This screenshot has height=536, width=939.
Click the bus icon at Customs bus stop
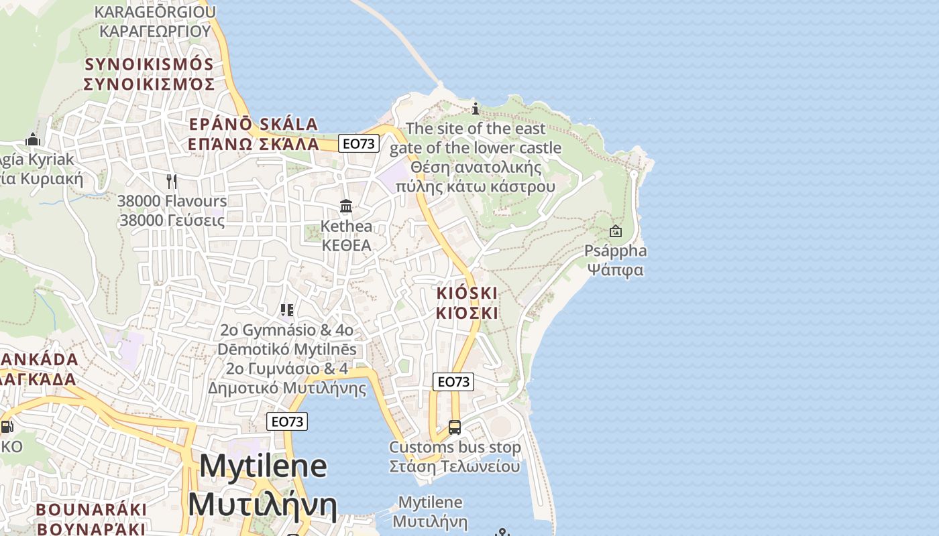(455, 427)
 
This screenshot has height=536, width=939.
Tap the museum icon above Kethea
(346, 206)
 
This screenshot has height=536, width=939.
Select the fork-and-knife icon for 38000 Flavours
(172, 181)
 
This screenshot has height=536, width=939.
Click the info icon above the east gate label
(476, 109)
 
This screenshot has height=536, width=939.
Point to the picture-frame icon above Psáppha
(615, 232)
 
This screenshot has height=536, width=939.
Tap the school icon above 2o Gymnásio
(287, 310)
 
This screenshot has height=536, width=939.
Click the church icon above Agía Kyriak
(33, 139)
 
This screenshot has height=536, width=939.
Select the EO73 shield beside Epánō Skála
(359, 143)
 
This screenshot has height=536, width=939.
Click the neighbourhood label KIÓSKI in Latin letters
(467, 293)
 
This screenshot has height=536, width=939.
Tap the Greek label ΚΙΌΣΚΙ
(467, 313)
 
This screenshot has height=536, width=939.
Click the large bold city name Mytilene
(263, 466)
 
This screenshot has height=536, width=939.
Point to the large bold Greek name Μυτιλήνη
(262, 505)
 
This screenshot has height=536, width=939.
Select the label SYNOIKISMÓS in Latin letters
(148, 64)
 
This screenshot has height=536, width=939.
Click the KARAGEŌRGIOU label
(155, 12)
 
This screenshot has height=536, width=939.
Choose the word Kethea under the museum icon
(346, 226)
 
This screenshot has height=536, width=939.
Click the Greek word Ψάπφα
(615, 270)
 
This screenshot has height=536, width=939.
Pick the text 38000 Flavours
(172, 201)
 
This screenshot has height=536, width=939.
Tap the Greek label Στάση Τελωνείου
(455, 466)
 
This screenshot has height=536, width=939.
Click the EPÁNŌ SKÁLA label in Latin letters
(253, 125)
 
